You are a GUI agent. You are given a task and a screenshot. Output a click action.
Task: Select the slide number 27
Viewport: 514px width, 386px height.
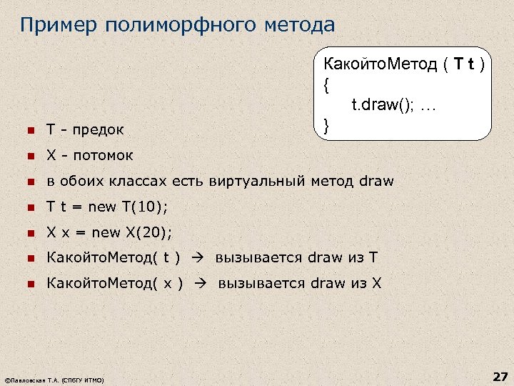(499, 376)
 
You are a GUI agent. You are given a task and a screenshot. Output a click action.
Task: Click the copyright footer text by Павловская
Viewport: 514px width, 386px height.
(54, 380)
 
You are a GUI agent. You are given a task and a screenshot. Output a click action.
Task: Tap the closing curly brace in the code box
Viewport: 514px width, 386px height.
(326, 127)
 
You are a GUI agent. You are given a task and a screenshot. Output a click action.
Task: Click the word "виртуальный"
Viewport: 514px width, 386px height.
(258, 181)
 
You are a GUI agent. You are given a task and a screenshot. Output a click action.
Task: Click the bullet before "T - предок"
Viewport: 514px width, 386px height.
(30, 130)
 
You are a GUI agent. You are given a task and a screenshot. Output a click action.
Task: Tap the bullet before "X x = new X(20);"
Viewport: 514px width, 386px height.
(30, 232)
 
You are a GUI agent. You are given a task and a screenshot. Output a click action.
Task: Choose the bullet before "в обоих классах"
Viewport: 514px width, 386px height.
(30, 181)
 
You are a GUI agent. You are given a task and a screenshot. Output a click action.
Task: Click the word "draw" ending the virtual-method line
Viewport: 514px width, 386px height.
(376, 181)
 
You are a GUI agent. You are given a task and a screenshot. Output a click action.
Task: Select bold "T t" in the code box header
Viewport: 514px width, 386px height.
(465, 65)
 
